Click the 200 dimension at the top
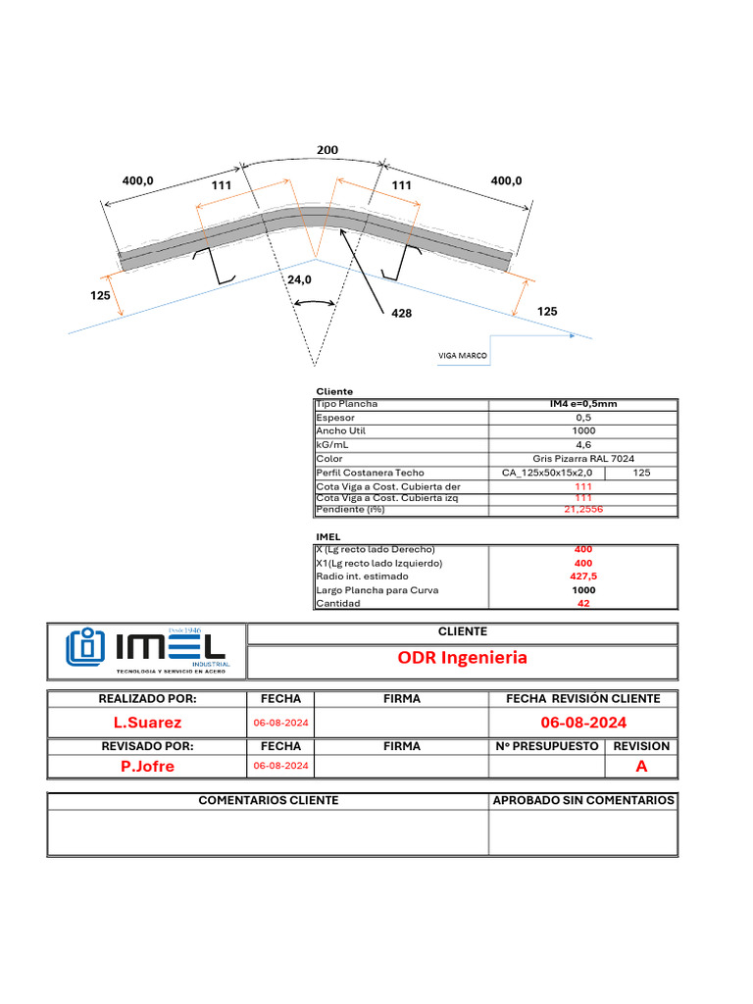pos(326,150)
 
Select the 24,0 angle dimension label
pos(299,279)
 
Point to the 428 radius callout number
pos(400,314)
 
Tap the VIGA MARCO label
pos(462,356)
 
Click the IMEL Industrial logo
pos(147,649)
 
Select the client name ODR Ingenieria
pos(462,658)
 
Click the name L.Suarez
pos(147,723)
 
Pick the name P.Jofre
pos(147,767)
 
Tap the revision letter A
pos(641,767)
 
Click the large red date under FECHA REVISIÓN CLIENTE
pos(582,723)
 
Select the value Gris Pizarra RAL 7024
pos(583,459)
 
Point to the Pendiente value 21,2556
pos(583,510)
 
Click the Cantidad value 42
pos(583,604)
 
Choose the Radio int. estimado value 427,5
pos(583,577)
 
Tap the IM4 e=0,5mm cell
pos(583,403)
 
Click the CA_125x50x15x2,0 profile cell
pos(546,473)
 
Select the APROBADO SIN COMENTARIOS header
pos(582,800)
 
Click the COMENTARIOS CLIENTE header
pos(268,800)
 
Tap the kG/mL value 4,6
pos(583,445)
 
